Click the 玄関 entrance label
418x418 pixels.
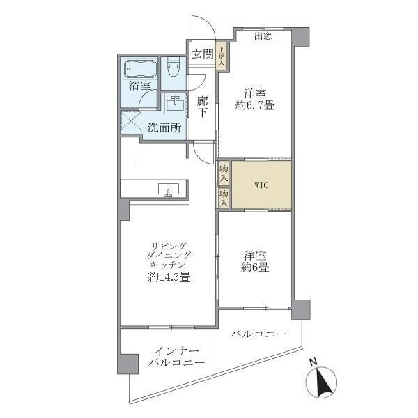pyautogui.click(x=202, y=54)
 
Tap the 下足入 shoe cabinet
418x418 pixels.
pyautogui.click(x=222, y=56)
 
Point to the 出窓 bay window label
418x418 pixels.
pyautogui.click(x=263, y=36)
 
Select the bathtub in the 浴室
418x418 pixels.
pyautogui.click(x=140, y=69)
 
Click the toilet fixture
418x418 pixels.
pyautogui.click(x=173, y=68)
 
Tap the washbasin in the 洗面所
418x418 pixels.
pyautogui.click(x=176, y=104)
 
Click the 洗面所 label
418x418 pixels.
pyautogui.click(x=165, y=127)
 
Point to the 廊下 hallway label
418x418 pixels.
pyautogui.click(x=202, y=106)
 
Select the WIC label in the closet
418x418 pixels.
pyautogui.click(x=261, y=185)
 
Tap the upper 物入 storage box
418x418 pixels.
pyautogui.click(x=224, y=172)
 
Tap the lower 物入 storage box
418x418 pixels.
pyautogui.click(x=224, y=198)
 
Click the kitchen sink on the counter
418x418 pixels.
pyautogui.click(x=168, y=189)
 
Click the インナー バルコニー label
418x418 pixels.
pyautogui.click(x=176, y=357)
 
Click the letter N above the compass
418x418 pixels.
pyautogui.click(x=314, y=362)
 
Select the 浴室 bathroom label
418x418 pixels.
pyautogui.click(x=140, y=86)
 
